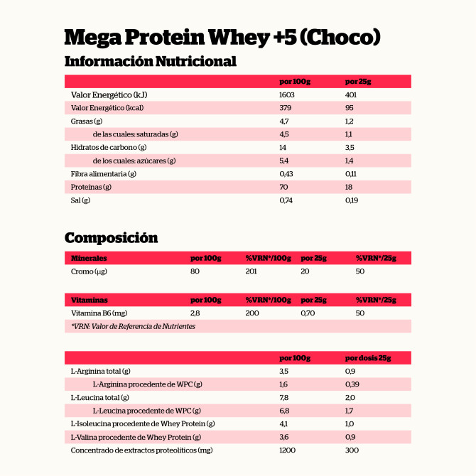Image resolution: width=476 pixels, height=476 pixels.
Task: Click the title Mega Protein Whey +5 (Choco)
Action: (222, 37)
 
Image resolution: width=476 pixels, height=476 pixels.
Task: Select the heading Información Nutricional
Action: (150, 61)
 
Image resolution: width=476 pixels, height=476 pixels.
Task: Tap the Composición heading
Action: (111, 237)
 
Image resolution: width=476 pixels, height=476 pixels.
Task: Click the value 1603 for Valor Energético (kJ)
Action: (287, 94)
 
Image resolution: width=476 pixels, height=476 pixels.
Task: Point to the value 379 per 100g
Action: (286, 108)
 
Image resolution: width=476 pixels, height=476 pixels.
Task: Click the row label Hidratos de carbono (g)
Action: (109, 147)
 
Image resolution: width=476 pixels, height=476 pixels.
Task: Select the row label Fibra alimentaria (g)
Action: (104, 173)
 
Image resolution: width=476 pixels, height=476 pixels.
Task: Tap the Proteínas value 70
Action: (284, 187)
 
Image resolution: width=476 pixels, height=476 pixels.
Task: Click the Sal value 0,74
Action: (286, 200)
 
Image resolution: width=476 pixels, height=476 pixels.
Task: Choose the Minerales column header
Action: (89, 258)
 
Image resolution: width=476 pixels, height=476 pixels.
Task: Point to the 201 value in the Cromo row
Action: (251, 271)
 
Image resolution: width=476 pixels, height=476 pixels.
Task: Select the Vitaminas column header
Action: (89, 300)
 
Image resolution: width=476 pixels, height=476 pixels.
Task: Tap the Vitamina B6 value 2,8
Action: (195, 313)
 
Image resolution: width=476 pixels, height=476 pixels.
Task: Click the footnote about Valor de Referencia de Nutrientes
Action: (133, 326)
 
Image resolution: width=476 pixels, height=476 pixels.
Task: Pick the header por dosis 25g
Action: (368, 357)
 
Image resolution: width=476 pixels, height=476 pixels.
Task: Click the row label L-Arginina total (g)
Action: (101, 371)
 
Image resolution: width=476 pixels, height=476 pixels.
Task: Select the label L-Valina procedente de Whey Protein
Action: (136, 437)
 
